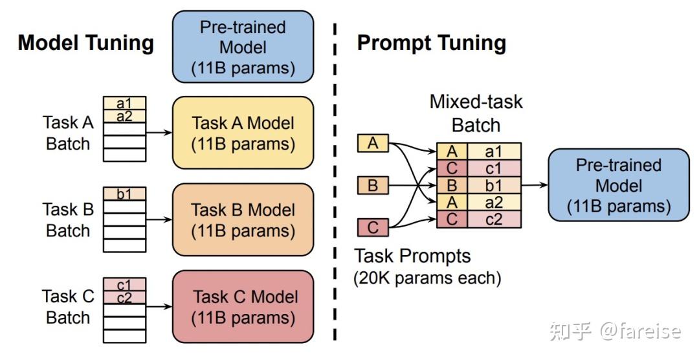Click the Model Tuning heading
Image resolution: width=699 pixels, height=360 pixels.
tap(85, 43)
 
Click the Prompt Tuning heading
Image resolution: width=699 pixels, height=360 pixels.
tap(431, 43)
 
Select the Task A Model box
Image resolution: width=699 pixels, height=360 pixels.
tap(243, 133)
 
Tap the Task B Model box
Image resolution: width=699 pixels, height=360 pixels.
tap(243, 220)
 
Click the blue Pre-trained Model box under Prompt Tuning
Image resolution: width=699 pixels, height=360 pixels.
tap(618, 185)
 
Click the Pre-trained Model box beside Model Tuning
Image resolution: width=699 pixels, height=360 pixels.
tap(243, 47)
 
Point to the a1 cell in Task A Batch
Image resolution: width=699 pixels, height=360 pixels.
tap(124, 104)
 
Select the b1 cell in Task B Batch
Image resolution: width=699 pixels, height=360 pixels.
tap(124, 194)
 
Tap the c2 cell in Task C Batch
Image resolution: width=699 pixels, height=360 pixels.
tap(124, 297)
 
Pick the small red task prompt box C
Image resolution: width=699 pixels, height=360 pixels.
tap(373, 228)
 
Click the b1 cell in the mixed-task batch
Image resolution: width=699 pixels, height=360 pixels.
tap(494, 186)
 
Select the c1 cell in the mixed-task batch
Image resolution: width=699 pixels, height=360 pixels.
tap(494, 168)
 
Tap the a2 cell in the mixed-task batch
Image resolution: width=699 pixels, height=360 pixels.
tap(494, 203)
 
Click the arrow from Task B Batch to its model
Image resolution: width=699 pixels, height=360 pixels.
tap(159, 220)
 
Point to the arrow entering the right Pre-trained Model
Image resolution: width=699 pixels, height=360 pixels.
tap(534, 185)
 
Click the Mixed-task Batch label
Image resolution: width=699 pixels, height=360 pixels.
tap(476, 113)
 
